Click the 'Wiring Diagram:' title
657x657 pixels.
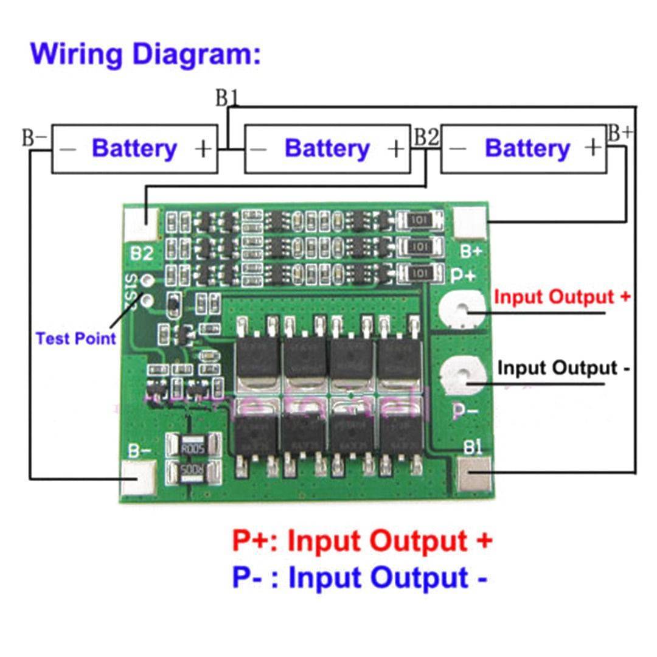(x=145, y=54)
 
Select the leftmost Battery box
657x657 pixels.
(x=134, y=149)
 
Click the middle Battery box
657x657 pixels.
(x=327, y=149)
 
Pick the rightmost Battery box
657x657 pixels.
(x=524, y=149)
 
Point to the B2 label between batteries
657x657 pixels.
(x=426, y=137)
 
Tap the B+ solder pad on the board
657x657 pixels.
(x=471, y=223)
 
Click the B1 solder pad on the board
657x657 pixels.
(x=474, y=475)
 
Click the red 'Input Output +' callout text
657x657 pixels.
(x=562, y=297)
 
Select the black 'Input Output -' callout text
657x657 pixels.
(x=563, y=368)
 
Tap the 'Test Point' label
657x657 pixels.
(x=75, y=339)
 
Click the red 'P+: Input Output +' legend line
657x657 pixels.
(x=362, y=540)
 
